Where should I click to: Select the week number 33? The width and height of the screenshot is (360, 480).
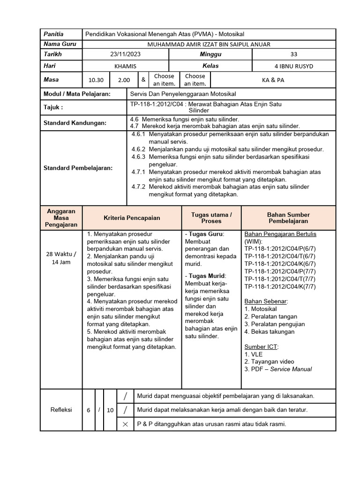(293, 55)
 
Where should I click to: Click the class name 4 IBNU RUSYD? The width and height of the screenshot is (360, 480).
(293, 67)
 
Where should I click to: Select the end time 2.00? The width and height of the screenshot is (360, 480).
(124, 80)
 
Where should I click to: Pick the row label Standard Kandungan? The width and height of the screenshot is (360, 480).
(75, 123)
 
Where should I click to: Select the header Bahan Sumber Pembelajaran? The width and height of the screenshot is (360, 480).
(288, 217)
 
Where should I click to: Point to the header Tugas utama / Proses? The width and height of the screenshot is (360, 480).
(211, 217)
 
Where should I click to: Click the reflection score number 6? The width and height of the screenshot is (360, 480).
(88, 410)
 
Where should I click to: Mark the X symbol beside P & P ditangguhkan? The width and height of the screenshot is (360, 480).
(125, 424)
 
